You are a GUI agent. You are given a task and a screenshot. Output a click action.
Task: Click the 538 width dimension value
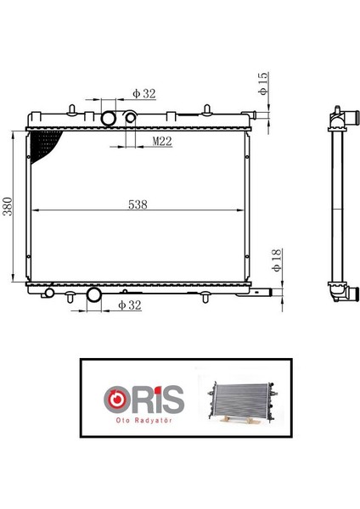pyautogui.click(x=138, y=204)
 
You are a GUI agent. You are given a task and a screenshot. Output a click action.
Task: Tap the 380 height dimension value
pyautogui.click(x=7, y=206)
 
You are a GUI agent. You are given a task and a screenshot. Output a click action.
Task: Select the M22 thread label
pyautogui.click(x=162, y=141)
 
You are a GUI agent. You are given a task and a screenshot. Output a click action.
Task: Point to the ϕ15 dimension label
pyautogui.click(x=263, y=84)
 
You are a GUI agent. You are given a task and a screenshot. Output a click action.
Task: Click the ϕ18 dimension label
pyautogui.click(x=276, y=260)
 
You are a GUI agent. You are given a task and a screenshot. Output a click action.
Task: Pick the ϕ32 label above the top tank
pyautogui.click(x=144, y=94)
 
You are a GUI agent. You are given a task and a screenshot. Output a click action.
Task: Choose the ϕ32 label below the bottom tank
pyautogui.click(x=130, y=305)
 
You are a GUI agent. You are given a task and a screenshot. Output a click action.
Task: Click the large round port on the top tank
pyautogui.click(x=109, y=118)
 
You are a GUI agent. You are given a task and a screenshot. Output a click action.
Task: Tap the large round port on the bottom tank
pyautogui.click(x=94, y=294)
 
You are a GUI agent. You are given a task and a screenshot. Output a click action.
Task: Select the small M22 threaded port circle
pyautogui.click(x=131, y=118)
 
